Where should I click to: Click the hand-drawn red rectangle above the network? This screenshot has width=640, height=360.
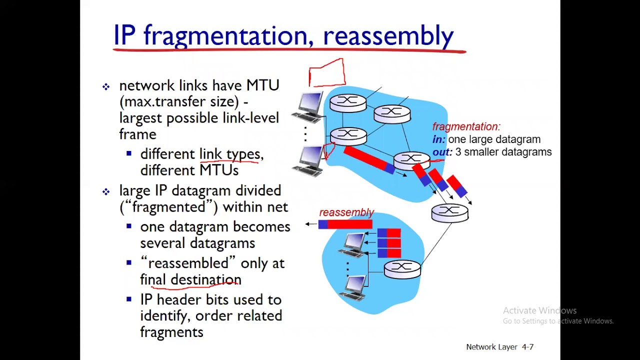[x=326, y=73]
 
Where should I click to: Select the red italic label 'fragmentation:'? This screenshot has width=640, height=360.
[x=466, y=126]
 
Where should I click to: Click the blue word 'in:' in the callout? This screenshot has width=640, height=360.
[x=438, y=139]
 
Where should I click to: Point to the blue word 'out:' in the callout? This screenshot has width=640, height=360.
[x=442, y=152]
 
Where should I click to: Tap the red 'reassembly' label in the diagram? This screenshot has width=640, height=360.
[x=346, y=212]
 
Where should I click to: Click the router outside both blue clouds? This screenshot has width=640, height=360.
[x=449, y=212]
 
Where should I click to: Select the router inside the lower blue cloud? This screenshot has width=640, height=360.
[x=402, y=269]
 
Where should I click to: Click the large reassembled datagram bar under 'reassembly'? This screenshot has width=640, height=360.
[x=345, y=224]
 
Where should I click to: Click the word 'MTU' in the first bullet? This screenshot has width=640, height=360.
[x=262, y=85]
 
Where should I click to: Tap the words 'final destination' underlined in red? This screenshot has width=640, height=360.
[x=190, y=279]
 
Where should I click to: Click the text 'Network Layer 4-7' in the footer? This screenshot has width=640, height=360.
[x=499, y=347]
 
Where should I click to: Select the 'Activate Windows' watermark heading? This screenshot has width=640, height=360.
[x=539, y=310]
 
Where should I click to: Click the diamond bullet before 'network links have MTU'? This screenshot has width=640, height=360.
[x=106, y=86]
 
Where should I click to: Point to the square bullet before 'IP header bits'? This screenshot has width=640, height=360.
[x=129, y=299]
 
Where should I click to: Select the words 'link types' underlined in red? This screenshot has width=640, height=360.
[x=229, y=154]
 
